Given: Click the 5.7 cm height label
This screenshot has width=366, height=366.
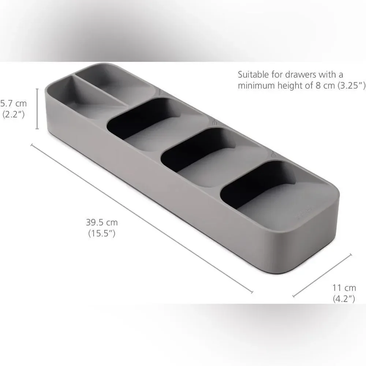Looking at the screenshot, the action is click(x=14, y=103).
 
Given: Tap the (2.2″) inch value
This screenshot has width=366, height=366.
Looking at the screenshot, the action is click(x=14, y=114).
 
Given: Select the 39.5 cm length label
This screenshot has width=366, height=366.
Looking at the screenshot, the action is click(x=102, y=222).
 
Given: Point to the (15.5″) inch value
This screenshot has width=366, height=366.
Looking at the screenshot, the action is click(x=102, y=233).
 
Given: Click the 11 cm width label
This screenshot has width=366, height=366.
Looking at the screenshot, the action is click(x=344, y=288).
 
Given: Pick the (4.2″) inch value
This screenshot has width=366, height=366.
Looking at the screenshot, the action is click(x=344, y=299).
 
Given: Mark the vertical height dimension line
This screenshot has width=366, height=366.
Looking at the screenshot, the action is click(x=37, y=109).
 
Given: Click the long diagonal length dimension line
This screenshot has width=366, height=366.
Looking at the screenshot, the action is click(x=142, y=219).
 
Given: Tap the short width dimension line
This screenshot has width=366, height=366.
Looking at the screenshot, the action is click(x=322, y=276).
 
